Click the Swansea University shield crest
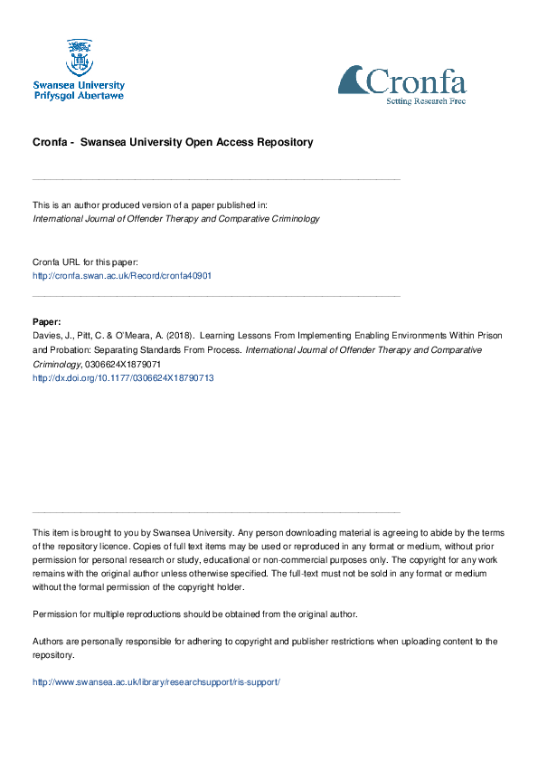pyautogui.click(x=79, y=57)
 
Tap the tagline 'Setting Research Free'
pyautogui.click(x=427, y=100)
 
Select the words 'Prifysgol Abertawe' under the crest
pyautogui.click(x=79, y=95)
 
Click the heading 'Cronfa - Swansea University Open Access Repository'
pyautogui.click(x=173, y=142)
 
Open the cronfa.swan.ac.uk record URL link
pyautogui.click(x=122, y=275)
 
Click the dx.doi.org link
pyautogui.click(x=123, y=377)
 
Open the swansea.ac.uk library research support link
pyautogui.click(x=156, y=681)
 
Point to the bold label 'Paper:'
pyautogui.click(x=47, y=321)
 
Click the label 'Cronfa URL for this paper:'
pyautogui.click(x=85, y=262)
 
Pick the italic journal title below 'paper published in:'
pyautogui.click(x=175, y=219)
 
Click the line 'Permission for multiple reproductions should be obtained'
pyautogui.click(x=194, y=614)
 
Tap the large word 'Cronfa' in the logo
pyautogui.click(x=416, y=82)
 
